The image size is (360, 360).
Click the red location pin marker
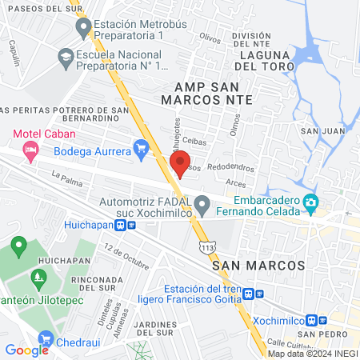tap(180, 162)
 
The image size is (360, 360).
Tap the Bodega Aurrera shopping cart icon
tap(142, 147)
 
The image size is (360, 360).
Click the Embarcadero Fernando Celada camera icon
tap(310, 206)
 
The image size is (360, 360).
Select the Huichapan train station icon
tap(121, 226)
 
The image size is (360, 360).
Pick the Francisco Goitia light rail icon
tap(250, 294)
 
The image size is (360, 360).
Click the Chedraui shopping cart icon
tap(46, 339)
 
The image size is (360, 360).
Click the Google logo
tap(26, 350)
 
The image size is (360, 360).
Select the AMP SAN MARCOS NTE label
tap(206, 92)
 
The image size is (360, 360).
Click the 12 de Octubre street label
tap(126, 259)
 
